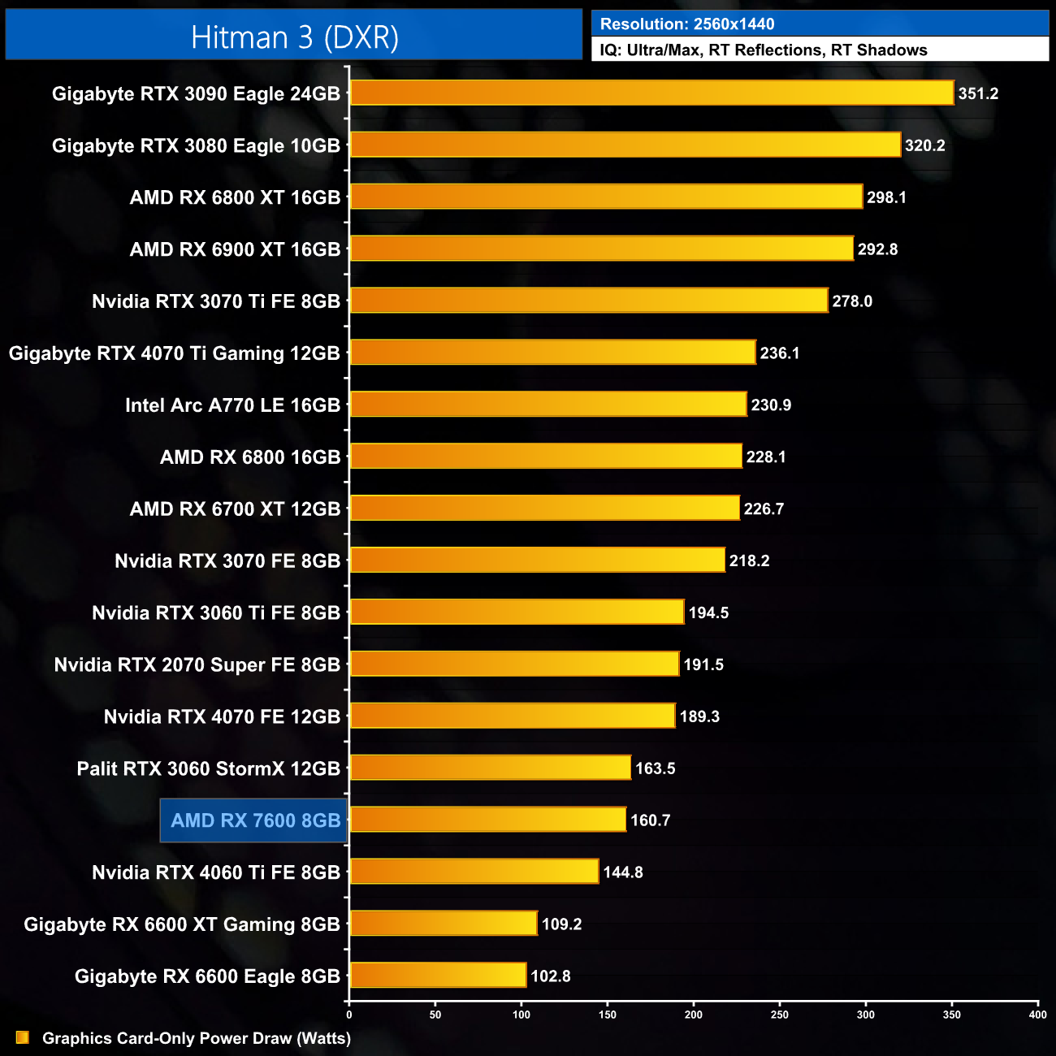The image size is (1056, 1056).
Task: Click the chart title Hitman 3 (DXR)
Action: pos(294,37)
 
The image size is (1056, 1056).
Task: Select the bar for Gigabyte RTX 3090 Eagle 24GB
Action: pos(651,93)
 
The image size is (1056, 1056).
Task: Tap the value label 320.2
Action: pos(924,145)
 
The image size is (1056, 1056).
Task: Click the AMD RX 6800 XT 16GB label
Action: pos(235,197)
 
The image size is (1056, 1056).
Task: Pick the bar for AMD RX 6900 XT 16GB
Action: pos(601,249)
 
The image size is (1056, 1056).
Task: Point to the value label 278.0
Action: pos(851,301)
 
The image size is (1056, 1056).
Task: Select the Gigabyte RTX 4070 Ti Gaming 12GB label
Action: pos(174,353)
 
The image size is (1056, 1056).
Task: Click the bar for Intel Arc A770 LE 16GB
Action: pos(548,405)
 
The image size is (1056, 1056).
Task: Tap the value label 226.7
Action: pos(764,509)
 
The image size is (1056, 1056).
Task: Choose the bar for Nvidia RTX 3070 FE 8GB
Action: pos(537,560)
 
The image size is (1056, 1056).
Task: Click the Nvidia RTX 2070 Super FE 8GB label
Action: pos(197,664)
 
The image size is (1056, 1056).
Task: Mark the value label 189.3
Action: pos(699,716)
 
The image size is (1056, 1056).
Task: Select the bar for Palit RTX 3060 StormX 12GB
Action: pos(490,768)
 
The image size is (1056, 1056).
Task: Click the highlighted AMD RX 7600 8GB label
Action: pos(255,820)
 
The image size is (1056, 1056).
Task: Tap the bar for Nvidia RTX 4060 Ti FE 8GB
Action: pos(474,872)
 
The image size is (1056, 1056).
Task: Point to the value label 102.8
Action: pos(550,976)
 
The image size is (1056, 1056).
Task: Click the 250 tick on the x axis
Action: pos(780,1015)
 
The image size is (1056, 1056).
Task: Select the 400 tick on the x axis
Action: pos(1037,1015)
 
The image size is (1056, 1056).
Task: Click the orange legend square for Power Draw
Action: pos(23,1037)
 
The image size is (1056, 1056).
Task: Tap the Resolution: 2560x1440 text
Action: pos(687,24)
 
